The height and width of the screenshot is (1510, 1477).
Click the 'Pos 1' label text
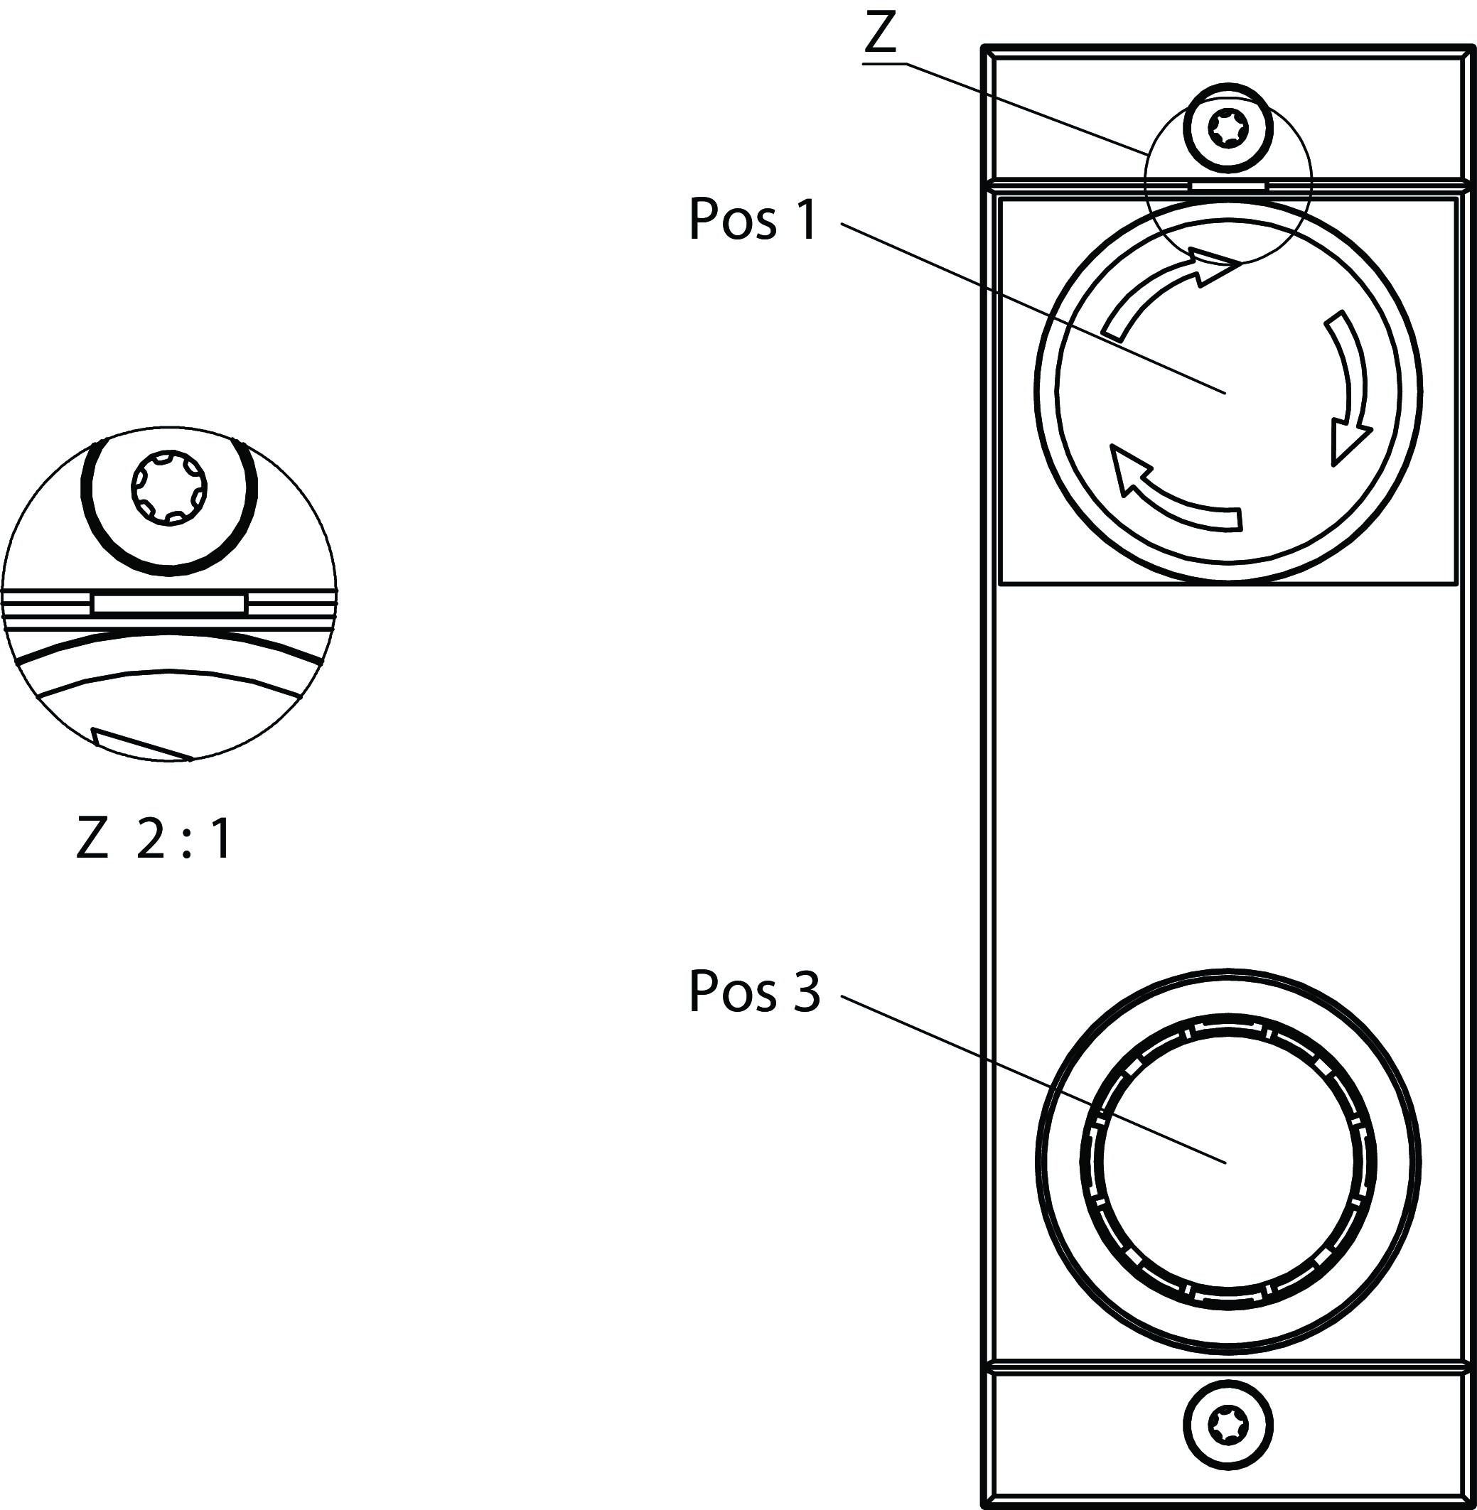753,220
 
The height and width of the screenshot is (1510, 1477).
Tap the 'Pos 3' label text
753,991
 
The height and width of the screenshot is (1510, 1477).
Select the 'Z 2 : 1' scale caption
154,839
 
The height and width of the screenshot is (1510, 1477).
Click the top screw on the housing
1228,128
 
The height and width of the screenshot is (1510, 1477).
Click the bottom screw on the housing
1228,1425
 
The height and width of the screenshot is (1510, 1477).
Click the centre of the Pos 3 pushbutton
1228,1160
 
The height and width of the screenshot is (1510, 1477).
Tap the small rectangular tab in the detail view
169,603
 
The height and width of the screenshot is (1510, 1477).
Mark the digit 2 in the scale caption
151,839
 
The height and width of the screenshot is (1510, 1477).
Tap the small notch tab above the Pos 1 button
1228,186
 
